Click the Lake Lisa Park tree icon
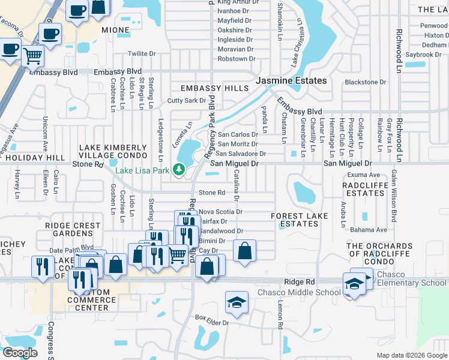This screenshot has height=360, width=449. [178, 169]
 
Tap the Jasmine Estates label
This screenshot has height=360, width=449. [292, 80]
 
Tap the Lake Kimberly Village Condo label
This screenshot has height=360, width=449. [113, 151]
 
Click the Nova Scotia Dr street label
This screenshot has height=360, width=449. [220, 212]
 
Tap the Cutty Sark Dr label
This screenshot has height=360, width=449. [187, 101]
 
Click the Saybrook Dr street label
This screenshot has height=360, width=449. [423, 55]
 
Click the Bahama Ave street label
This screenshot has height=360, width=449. [369, 230]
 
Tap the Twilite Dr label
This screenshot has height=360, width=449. [142, 54]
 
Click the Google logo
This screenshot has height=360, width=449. [20, 353]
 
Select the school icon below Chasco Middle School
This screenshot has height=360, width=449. [237, 304]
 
